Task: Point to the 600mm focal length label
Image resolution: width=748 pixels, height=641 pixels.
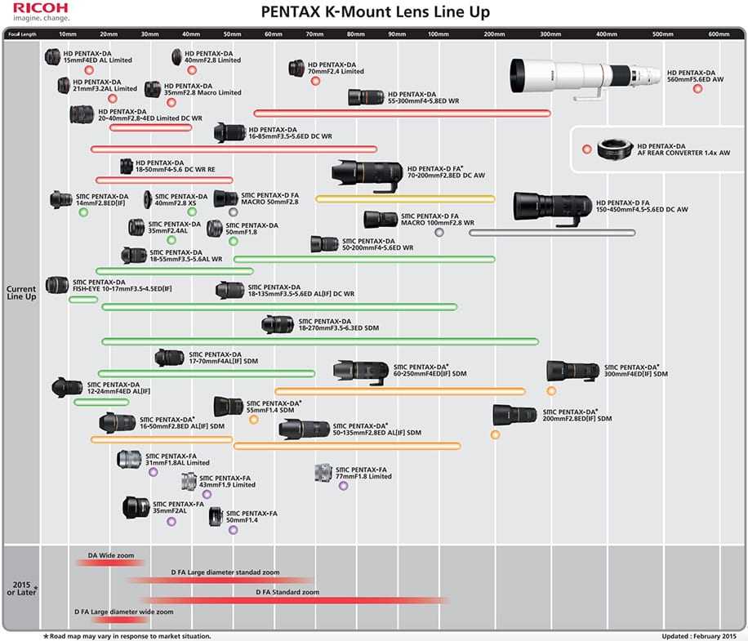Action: coord(719,33)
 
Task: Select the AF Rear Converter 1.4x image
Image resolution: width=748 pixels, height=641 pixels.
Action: coord(612,149)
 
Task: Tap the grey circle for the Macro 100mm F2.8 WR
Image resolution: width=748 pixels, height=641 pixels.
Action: coord(439,233)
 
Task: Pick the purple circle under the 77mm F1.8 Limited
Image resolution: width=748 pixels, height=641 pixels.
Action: coord(343,485)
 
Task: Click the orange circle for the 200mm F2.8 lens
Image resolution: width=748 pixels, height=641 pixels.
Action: coord(495,434)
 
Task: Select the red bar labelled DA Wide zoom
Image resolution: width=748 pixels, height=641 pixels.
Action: coord(111,562)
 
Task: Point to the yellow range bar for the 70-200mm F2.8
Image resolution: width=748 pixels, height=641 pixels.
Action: coord(405,198)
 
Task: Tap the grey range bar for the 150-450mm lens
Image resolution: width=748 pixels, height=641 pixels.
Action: coord(552,233)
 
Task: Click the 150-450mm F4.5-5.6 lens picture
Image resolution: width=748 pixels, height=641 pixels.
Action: coord(550,209)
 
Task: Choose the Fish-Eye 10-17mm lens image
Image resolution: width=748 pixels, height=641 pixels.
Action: coord(56,286)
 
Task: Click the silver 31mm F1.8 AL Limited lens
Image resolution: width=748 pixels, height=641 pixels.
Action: coord(129,459)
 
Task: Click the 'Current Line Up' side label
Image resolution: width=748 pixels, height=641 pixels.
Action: coord(21,293)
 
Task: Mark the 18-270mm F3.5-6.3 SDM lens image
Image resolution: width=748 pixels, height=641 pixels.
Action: coord(277,324)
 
